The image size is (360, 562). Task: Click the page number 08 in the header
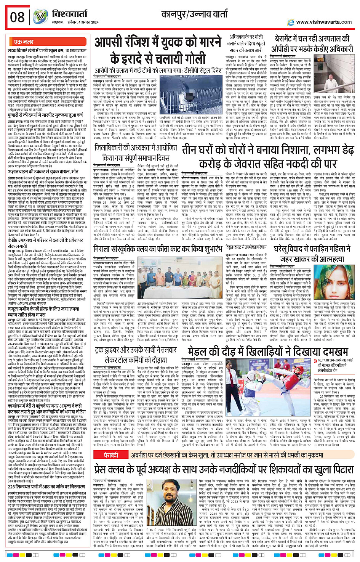18,17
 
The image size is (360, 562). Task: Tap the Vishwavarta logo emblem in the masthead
40,16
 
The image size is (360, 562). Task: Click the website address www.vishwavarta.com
324,22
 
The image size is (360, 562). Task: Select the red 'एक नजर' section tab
24,42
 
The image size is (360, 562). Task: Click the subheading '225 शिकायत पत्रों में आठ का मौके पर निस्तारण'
46,486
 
